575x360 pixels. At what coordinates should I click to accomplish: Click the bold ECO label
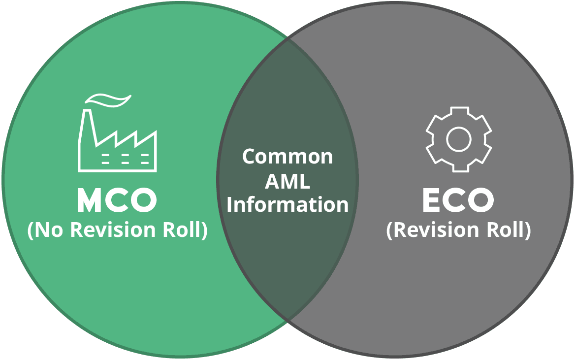click(x=458, y=201)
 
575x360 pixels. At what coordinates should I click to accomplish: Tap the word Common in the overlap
click(x=287, y=157)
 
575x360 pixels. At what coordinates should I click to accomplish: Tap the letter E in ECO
click(x=431, y=201)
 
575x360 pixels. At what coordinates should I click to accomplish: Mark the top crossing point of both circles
click(x=287, y=39)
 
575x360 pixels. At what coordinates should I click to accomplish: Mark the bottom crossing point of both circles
click(x=287, y=321)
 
